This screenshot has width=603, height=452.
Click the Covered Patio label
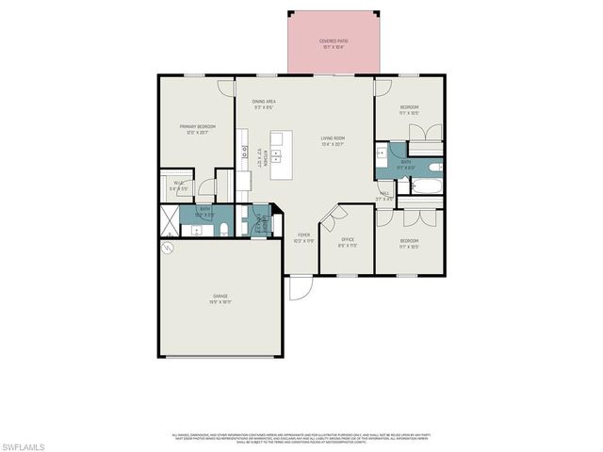point(332,43)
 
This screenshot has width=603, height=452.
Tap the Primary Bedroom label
point(199,129)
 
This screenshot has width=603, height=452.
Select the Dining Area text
point(263,105)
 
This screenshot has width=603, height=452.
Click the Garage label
point(220,299)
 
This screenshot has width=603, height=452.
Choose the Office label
point(348,242)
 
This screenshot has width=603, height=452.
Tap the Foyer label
point(303,236)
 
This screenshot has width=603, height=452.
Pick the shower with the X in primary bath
point(168,221)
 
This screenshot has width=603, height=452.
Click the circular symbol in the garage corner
point(169,248)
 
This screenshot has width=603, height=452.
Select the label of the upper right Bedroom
point(409,110)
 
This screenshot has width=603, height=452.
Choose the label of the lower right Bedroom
point(409,243)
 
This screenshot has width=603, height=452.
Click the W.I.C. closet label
point(176,185)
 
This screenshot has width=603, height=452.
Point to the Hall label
point(384,197)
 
